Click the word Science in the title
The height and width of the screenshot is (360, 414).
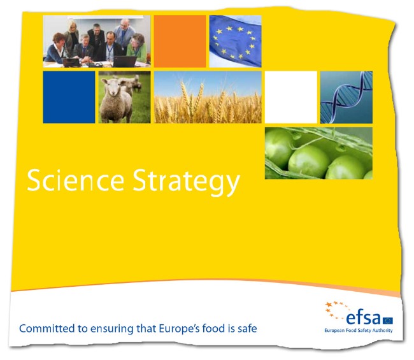click(x=76, y=180)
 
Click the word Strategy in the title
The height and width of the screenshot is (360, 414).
click(x=186, y=182)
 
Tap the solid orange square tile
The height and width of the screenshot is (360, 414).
click(x=180, y=41)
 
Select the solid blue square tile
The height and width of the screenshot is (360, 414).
click(x=69, y=97)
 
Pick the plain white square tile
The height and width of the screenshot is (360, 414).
click(x=291, y=97)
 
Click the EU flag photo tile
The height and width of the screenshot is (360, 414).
click(x=235, y=41)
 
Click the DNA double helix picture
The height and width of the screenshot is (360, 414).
click(x=346, y=97)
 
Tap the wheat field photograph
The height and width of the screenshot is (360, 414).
click(x=208, y=97)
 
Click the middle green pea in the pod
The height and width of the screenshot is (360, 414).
click(x=308, y=162)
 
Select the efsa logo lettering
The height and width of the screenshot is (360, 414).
click(x=363, y=318)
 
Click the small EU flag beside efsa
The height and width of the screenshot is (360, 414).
click(x=388, y=320)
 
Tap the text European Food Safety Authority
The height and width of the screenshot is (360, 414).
click(x=359, y=330)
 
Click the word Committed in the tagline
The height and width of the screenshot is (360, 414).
click(x=47, y=329)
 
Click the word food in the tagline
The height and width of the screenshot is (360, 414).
click(x=211, y=329)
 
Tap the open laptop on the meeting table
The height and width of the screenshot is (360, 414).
click(x=125, y=62)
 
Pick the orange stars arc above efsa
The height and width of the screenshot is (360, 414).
click(x=335, y=309)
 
